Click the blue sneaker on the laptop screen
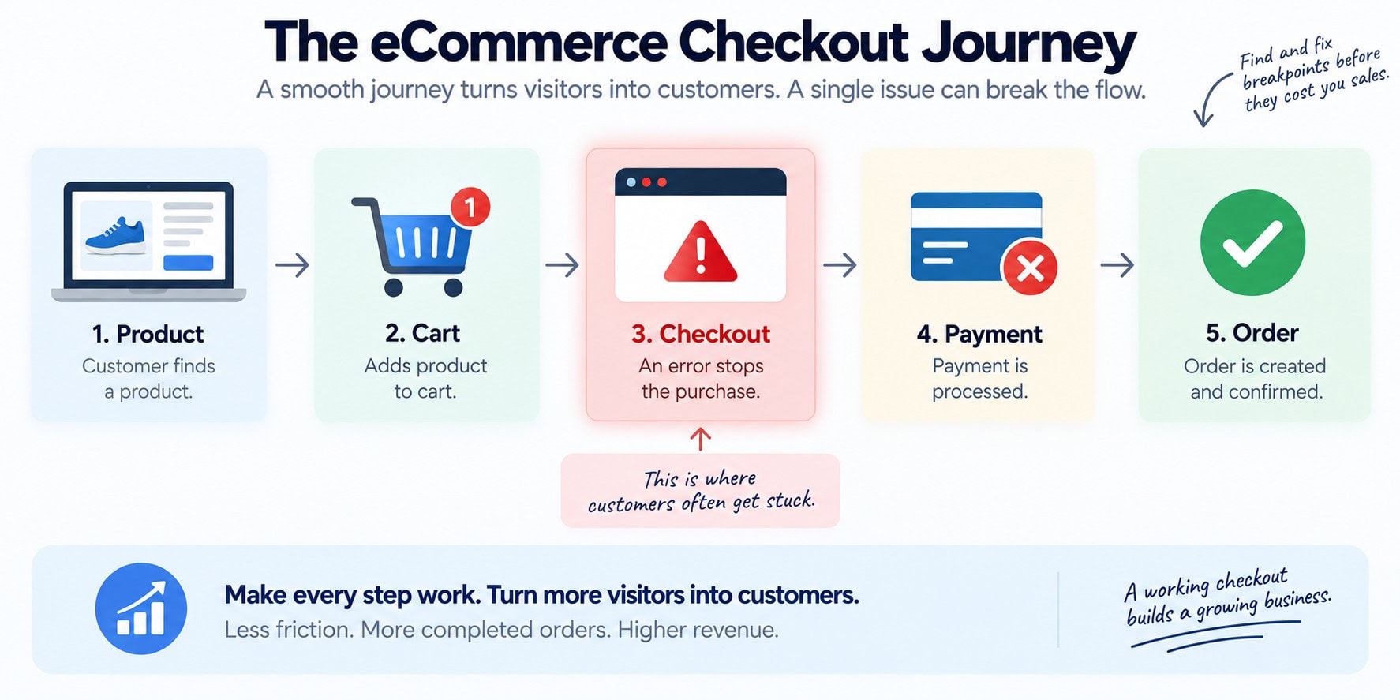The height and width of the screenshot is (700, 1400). click(115, 236)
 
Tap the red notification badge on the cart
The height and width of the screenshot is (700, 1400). click(470, 207)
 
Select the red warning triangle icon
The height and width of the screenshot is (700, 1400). click(700, 252)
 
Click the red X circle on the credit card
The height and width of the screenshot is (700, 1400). click(1030, 268)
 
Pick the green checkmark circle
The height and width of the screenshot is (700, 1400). click(1252, 243)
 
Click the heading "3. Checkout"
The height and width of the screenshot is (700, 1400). click(700, 334)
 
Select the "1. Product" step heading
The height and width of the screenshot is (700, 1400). click(148, 334)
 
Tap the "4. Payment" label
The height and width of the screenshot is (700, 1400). click(979, 334)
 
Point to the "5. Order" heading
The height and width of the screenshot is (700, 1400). click(1252, 333)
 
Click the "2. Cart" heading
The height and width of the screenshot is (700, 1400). click(422, 333)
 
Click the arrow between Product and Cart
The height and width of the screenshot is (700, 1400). click(292, 264)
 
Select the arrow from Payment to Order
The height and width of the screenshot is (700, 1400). click(1117, 264)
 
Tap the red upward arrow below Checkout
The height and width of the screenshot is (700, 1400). click(700, 439)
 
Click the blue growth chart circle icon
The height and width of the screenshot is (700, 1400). click(141, 608)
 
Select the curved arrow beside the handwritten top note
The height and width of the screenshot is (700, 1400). click(1211, 99)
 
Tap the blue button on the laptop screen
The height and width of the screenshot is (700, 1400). click(188, 263)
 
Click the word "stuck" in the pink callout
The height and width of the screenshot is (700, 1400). click(790, 500)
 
